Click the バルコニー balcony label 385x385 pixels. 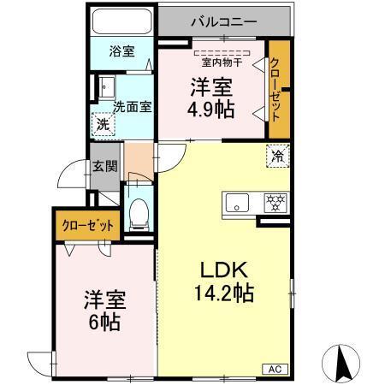[226, 21]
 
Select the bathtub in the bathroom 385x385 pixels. [121, 21]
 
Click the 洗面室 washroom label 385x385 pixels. [133, 107]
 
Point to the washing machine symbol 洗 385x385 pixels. [103, 123]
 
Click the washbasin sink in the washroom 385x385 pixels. [105, 86]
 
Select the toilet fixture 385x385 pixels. [138, 210]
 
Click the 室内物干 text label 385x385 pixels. [221, 62]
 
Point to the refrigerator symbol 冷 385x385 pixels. [278, 155]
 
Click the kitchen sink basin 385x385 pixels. [239, 203]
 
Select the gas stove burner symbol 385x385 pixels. [275, 203]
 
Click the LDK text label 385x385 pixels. [219, 269]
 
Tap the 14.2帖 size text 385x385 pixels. [220, 293]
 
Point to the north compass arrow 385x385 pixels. [343, 363]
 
